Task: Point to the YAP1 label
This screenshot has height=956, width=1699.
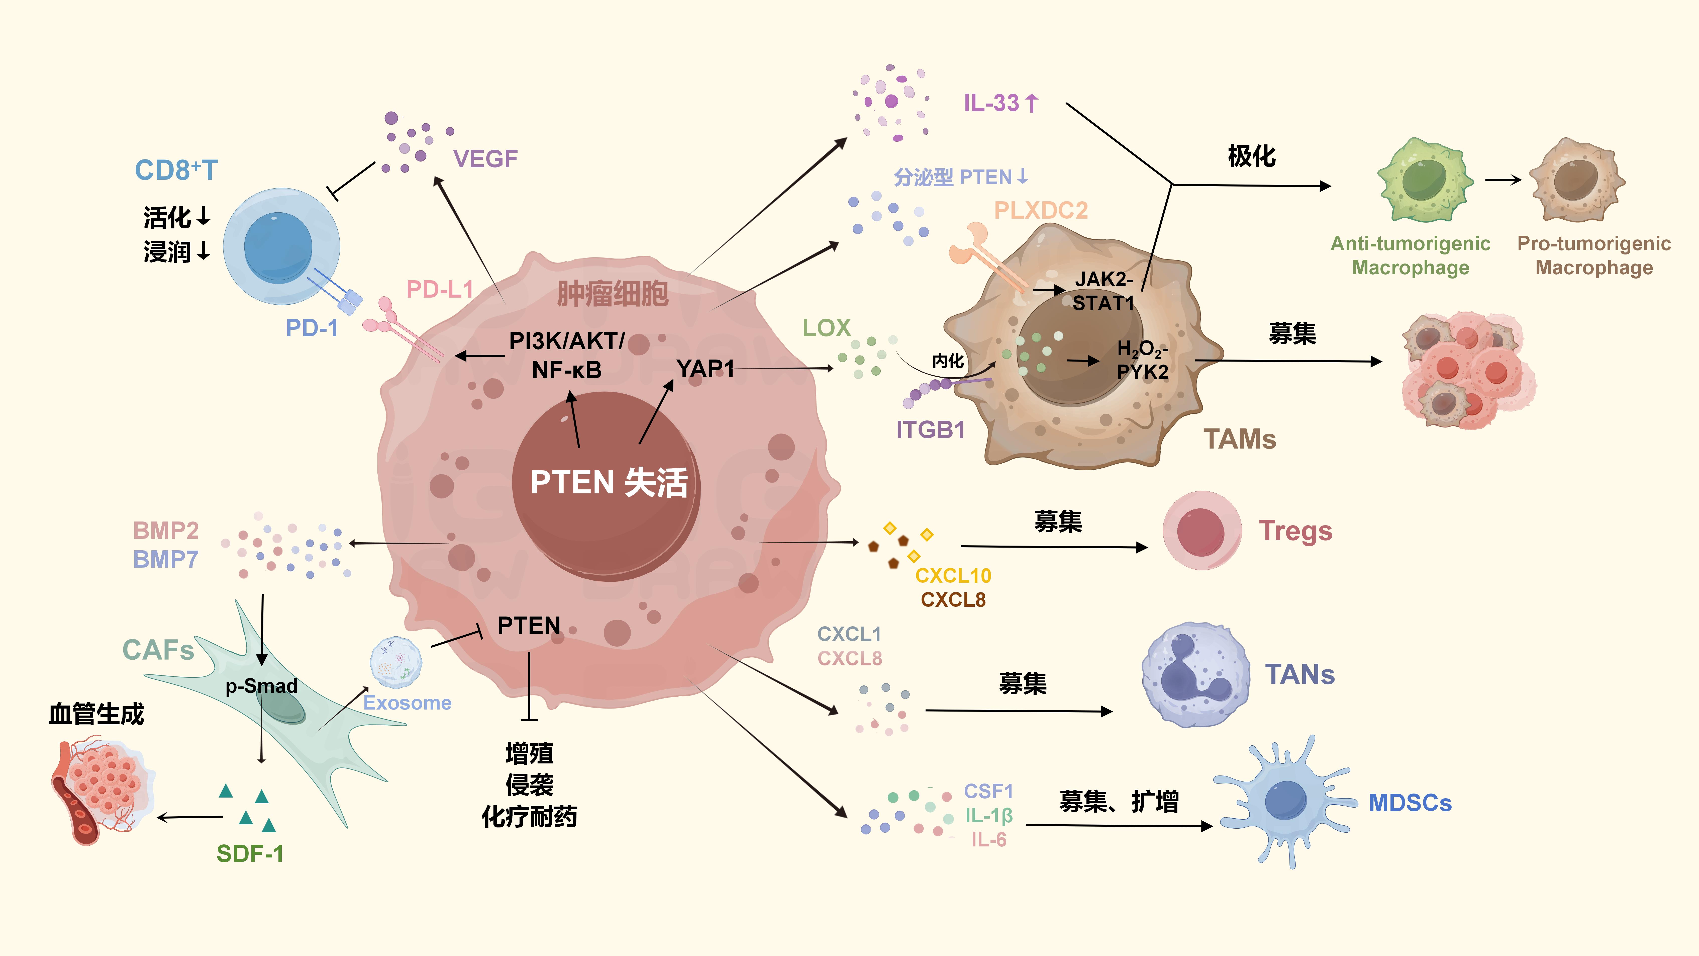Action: click(705, 368)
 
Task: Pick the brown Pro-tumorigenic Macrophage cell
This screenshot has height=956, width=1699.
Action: click(1576, 180)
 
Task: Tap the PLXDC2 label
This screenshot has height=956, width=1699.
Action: click(1041, 210)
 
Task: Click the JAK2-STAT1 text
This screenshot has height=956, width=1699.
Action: click(1104, 291)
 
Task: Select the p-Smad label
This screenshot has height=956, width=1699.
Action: click(261, 686)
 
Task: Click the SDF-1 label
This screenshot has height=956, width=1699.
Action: click(250, 854)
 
